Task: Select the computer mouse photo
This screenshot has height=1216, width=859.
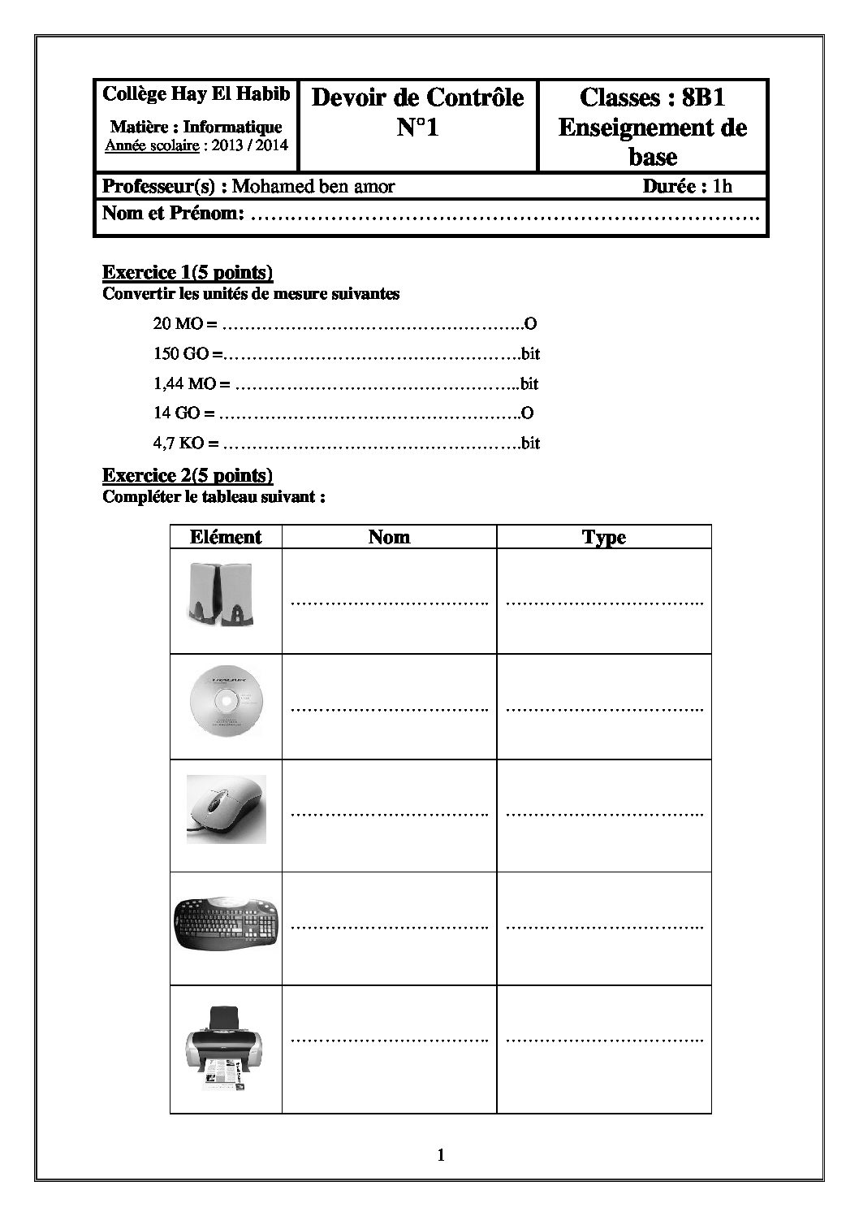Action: click(x=226, y=809)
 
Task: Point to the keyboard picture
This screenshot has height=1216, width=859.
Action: click(x=227, y=924)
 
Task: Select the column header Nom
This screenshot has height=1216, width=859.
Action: click(x=389, y=537)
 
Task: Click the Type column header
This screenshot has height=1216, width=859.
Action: click(x=604, y=538)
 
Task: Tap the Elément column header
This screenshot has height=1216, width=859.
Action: click(x=226, y=537)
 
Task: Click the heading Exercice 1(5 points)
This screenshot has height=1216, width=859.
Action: click(x=188, y=272)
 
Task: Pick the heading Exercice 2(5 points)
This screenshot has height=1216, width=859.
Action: click(x=188, y=475)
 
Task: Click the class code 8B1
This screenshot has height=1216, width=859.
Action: click(x=704, y=97)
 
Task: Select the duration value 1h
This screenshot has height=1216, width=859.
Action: click(x=723, y=186)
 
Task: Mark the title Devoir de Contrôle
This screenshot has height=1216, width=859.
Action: click(x=418, y=97)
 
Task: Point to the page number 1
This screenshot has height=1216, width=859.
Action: click(x=441, y=1155)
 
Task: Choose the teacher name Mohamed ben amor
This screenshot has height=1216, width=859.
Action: click(x=313, y=186)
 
